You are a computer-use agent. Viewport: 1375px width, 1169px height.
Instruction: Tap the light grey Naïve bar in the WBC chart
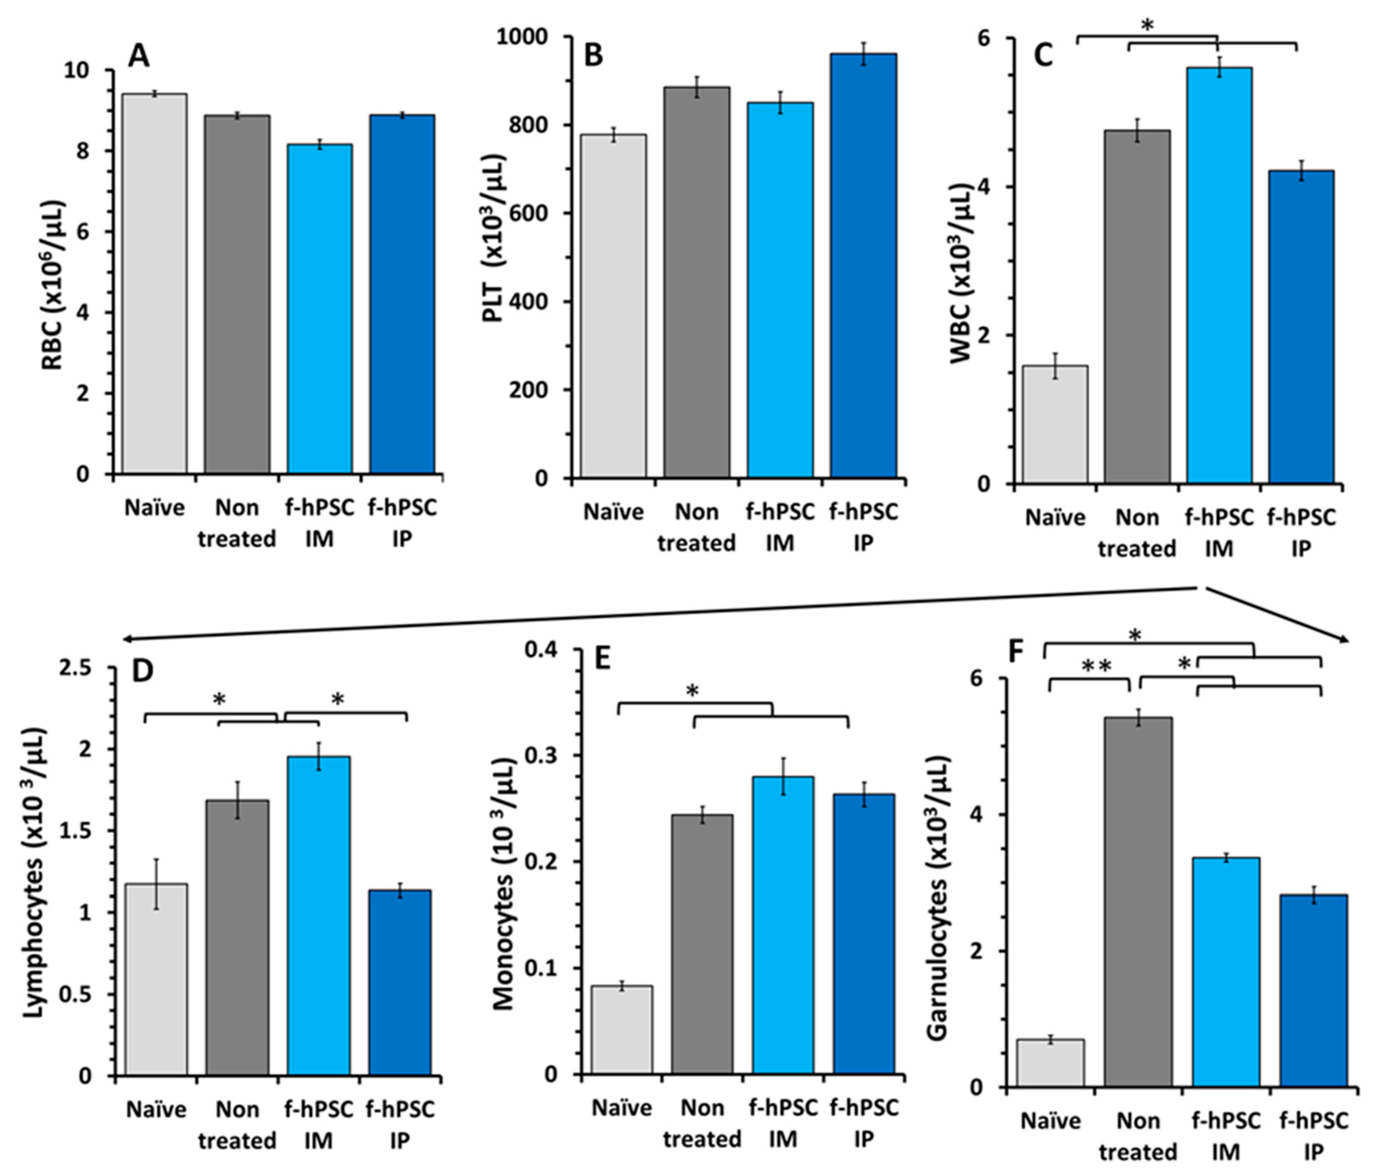[1055, 424]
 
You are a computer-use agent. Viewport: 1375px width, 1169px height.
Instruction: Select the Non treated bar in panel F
[1138, 901]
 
